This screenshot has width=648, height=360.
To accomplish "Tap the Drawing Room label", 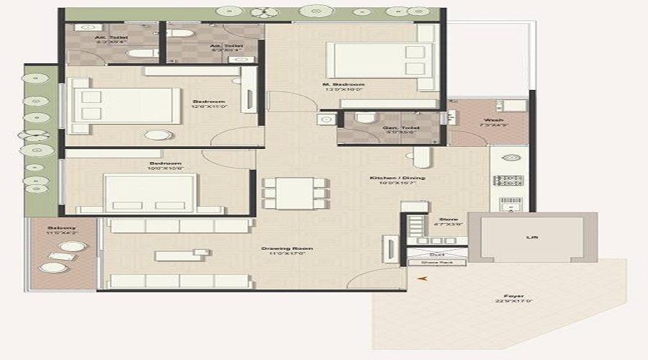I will pos(276,248).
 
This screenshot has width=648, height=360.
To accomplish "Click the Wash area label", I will pos(493,120).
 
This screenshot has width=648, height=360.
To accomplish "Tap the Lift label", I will pos(532,237).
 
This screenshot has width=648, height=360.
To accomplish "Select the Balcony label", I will pos(61,226).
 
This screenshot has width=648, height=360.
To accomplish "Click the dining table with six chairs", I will pos(294,193).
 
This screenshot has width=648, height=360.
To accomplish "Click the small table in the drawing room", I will pos(175,256).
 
